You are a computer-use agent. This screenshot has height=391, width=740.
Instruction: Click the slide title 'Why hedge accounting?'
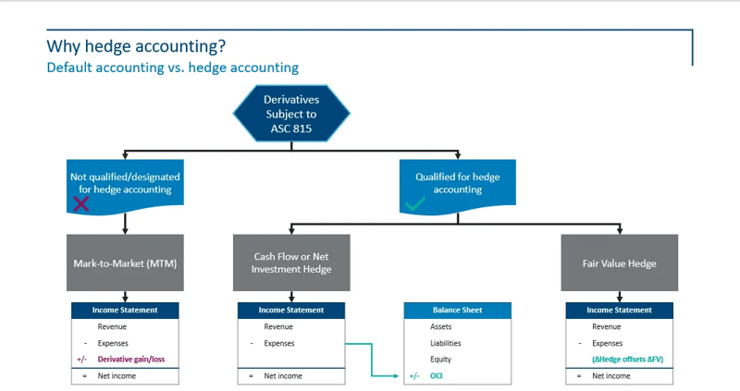[x=135, y=46]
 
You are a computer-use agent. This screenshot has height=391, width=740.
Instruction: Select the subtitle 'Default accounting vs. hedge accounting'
[x=172, y=67]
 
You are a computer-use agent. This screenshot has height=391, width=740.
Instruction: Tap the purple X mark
[x=81, y=203]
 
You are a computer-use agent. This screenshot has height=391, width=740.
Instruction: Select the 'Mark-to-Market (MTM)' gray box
[x=125, y=263]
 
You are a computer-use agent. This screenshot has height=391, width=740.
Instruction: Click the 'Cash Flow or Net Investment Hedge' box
[x=291, y=263]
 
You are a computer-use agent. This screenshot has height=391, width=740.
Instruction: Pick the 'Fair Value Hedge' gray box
[x=620, y=263]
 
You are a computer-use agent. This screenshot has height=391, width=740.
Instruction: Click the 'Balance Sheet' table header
[x=457, y=310]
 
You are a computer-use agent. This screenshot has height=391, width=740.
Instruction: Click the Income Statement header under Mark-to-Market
[x=125, y=310]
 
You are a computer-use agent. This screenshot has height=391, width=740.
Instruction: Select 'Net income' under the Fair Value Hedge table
[x=610, y=376]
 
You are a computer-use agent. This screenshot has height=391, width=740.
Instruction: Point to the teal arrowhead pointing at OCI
[x=399, y=376]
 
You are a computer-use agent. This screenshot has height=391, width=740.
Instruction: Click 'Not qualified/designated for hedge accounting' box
[x=125, y=181]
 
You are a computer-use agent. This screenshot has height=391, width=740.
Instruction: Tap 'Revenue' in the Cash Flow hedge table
[x=277, y=326]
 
